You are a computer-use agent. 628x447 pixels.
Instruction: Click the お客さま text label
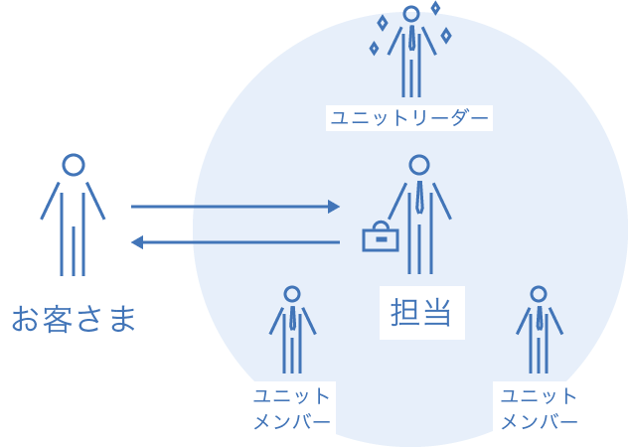click(x=73, y=319)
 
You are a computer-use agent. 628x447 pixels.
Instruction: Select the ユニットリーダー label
click(x=409, y=118)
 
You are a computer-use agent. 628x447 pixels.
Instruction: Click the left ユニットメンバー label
click(x=292, y=408)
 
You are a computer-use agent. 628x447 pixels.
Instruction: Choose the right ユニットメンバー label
click(x=539, y=408)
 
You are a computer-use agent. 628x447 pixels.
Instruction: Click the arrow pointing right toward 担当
click(x=235, y=207)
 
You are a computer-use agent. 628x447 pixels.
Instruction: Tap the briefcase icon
click(x=380, y=237)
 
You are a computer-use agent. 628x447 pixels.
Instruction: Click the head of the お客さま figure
click(x=73, y=165)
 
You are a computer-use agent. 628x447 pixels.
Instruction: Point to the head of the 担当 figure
click(x=419, y=165)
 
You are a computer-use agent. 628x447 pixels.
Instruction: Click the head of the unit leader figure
click(x=410, y=14)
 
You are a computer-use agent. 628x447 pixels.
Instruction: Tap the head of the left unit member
click(x=292, y=294)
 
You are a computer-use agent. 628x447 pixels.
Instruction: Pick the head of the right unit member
click(x=539, y=294)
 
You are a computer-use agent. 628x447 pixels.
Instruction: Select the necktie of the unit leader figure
click(x=410, y=39)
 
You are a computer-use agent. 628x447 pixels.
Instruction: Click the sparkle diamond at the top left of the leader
click(x=383, y=22)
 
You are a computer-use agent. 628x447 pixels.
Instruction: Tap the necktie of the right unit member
click(x=539, y=318)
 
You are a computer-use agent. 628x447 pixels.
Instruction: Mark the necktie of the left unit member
click(x=292, y=318)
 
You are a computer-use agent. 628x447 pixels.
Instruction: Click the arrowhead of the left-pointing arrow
click(x=137, y=242)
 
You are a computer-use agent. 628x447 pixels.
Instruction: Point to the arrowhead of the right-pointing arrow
click(x=335, y=207)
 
